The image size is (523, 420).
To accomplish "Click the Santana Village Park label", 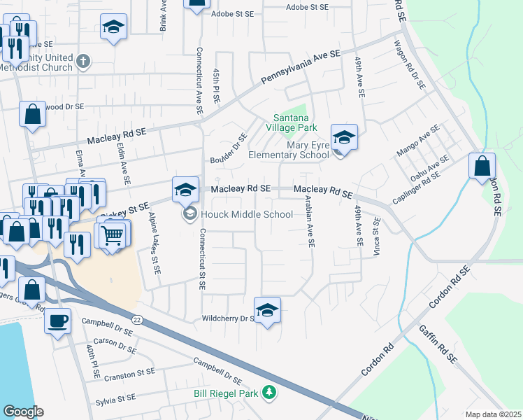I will [291, 122].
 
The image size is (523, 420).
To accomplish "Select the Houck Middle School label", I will [247, 214].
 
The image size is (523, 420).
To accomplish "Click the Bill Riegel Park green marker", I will [269, 393].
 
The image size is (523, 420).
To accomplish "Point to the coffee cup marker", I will [57, 321].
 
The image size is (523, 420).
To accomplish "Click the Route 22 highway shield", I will [138, 300].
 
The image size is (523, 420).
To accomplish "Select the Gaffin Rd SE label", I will [438, 346].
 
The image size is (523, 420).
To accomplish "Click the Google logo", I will [24, 411].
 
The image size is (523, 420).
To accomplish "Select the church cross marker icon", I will [83, 60].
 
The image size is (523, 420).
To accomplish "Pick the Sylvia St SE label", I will [115, 398].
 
